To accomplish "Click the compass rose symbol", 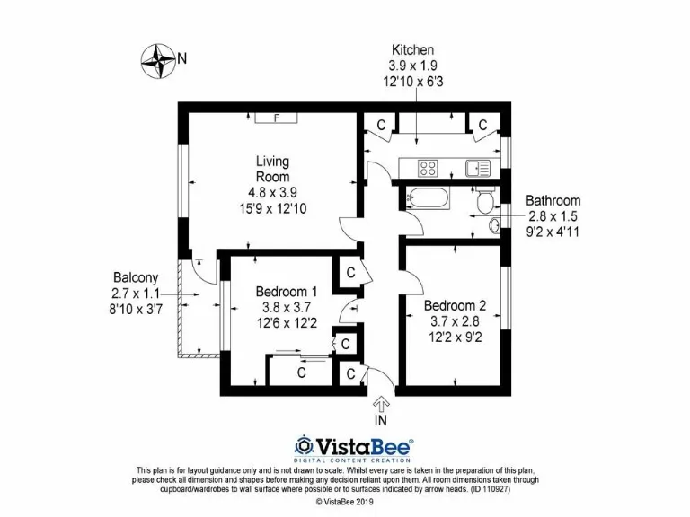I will (x=160, y=59).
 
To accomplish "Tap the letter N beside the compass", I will (x=182, y=59).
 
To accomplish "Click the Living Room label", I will (x=273, y=169).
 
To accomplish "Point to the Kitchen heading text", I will (x=412, y=50).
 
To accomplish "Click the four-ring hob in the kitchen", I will (x=427, y=167).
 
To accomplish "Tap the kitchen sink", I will (x=476, y=167).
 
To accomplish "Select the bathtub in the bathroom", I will (x=431, y=199).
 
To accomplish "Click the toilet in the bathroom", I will (x=484, y=201).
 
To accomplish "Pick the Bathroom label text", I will (x=553, y=201).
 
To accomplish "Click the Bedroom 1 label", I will (x=286, y=292).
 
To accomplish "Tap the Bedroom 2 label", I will (x=455, y=306).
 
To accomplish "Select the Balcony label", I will (x=136, y=277).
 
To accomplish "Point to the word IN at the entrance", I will (x=381, y=419).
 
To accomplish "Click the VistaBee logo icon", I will (x=305, y=446).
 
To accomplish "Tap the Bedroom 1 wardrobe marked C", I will (x=302, y=372).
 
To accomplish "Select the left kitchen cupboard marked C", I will (x=381, y=126).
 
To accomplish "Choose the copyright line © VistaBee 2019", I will (x=345, y=502).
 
